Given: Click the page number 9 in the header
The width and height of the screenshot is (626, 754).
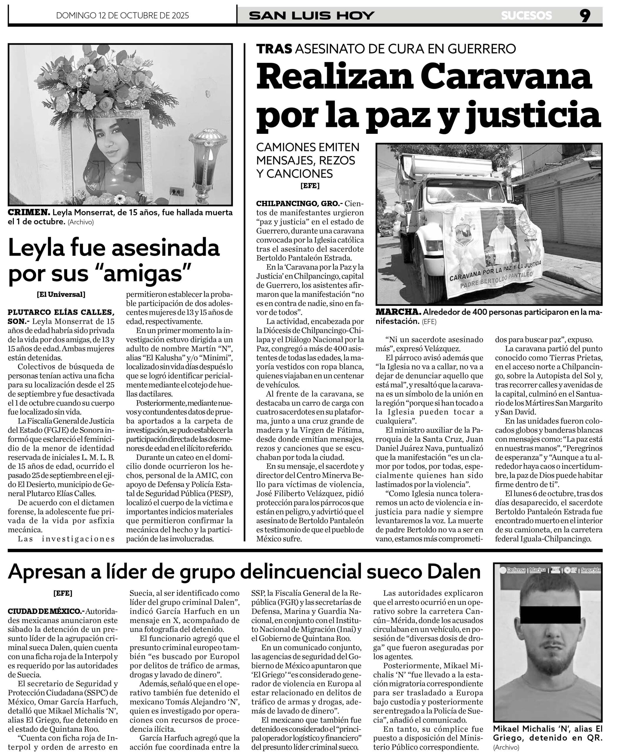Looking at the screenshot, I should pos(585,16).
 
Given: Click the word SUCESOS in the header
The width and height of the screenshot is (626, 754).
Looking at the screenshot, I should pos(526,16).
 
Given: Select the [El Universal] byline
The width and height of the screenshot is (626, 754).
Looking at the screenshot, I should pos(61,295).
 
